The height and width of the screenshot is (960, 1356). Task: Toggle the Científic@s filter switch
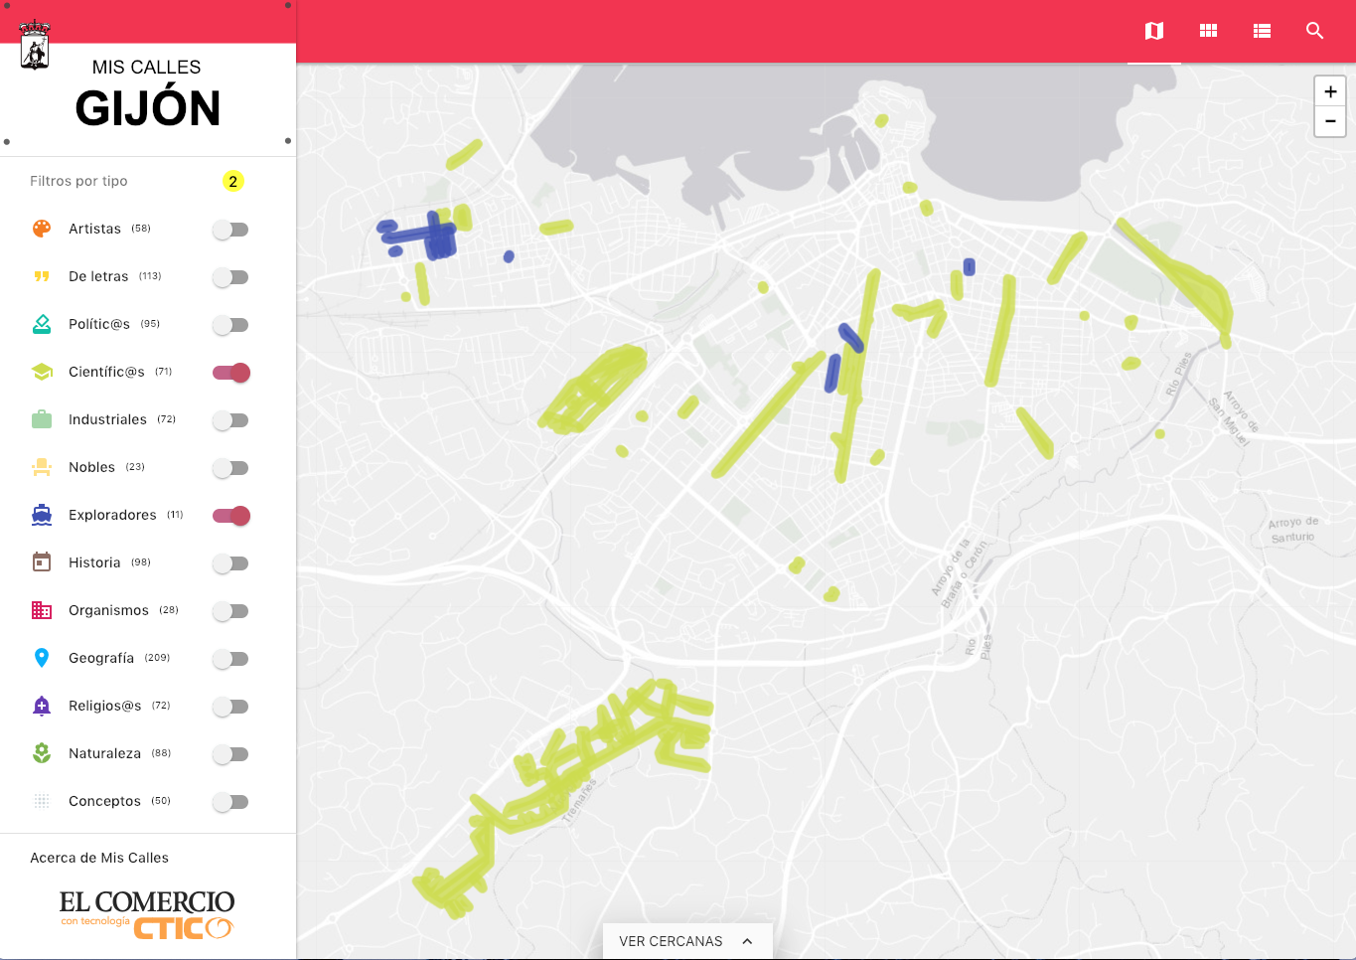231,373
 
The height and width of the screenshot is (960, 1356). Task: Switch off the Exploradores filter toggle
231,516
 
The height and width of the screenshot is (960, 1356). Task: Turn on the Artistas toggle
230,230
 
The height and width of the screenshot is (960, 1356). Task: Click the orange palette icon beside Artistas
42,229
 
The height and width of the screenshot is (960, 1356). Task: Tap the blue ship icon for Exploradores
42,515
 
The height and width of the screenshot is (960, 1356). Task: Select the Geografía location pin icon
42,658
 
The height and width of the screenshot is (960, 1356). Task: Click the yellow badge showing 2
232,181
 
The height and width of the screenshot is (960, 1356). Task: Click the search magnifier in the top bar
1314,31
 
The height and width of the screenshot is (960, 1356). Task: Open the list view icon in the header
1262,31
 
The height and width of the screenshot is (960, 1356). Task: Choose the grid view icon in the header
1208,31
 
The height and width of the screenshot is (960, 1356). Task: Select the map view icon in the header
1154,31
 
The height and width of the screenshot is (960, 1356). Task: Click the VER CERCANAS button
686,941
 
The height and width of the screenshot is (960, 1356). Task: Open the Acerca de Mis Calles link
99,858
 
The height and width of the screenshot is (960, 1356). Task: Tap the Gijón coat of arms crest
35,46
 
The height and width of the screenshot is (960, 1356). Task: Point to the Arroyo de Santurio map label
1292,530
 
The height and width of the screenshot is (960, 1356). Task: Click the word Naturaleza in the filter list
104,753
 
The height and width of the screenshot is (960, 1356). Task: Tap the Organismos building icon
42,610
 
